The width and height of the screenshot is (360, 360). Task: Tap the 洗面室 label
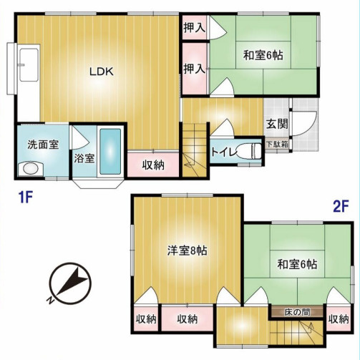coord(43,143)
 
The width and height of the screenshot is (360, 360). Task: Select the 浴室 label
coord(84,157)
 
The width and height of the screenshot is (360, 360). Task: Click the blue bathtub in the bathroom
coord(110,152)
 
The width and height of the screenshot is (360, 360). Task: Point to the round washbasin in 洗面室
coord(30,169)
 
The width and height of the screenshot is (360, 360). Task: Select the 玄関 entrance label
coord(278,123)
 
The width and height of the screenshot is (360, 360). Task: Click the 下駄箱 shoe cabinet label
coord(278,144)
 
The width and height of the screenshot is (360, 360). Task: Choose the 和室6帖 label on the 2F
coord(296,265)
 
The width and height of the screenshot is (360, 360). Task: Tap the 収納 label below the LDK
coord(152,164)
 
